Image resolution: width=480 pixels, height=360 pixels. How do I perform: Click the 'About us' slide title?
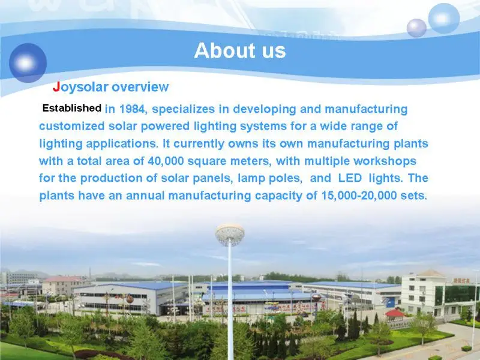[239, 51]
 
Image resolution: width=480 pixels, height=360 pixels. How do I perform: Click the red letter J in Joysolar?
[56, 87]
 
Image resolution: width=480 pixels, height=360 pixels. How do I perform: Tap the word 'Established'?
[71, 109]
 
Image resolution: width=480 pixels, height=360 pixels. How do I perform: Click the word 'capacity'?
[277, 196]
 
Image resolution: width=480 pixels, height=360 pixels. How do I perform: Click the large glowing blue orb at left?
[28, 62]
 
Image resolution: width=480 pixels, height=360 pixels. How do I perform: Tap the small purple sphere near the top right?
[416, 28]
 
